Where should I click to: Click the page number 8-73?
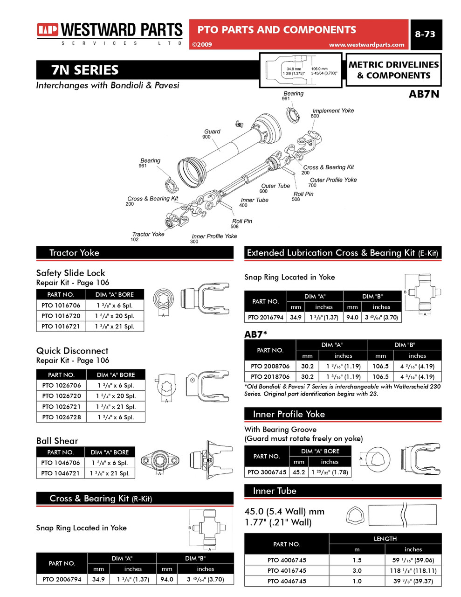tap(425, 34)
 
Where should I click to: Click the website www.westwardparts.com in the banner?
tap(366, 45)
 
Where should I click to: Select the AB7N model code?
tap(423, 94)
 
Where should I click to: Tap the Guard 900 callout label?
tap(211, 134)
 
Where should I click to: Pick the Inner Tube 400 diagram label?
tap(254, 202)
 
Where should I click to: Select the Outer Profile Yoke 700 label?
tap(333, 182)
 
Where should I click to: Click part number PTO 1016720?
tap(61, 316)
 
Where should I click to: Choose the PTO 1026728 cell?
tap(62, 417)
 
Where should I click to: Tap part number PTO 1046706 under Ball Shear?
tap(61, 463)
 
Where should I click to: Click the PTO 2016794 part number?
tap(266, 317)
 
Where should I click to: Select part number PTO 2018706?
tap(270, 376)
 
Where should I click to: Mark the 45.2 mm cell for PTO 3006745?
tap(299, 472)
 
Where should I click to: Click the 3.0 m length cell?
tap(357, 570)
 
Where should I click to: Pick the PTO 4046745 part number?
tap(287, 581)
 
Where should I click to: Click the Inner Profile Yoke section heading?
tap(289, 414)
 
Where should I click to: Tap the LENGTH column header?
tap(385, 539)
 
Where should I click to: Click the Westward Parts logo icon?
tap(48, 30)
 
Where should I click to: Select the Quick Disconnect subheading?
tap(72, 351)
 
